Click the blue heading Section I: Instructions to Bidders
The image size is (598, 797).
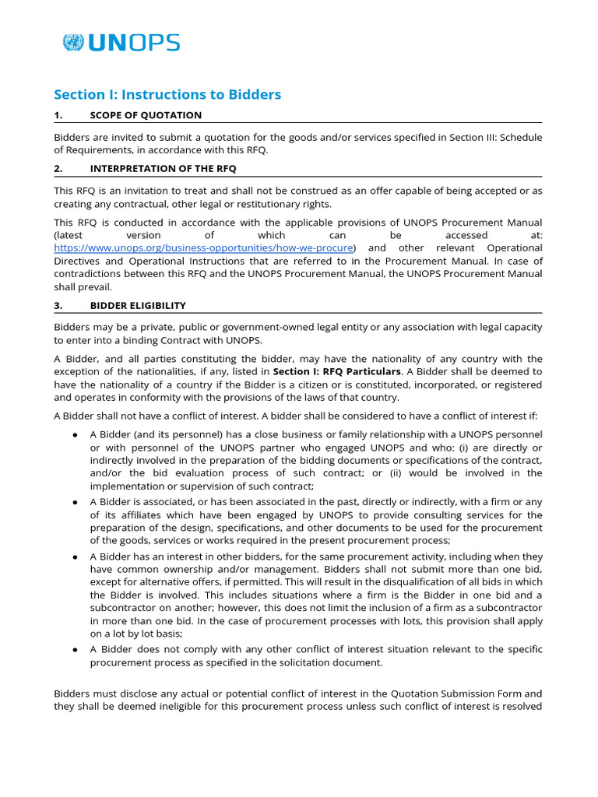pos(167,94)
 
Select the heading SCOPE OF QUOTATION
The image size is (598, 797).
pos(146,115)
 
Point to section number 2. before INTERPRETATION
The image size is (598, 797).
pos(58,168)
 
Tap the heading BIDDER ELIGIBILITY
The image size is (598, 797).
pos(138,305)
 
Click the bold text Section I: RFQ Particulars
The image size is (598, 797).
pos(336,371)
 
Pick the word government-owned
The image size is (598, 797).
pos(256,327)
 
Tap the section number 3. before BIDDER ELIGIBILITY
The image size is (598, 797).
pos(58,305)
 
